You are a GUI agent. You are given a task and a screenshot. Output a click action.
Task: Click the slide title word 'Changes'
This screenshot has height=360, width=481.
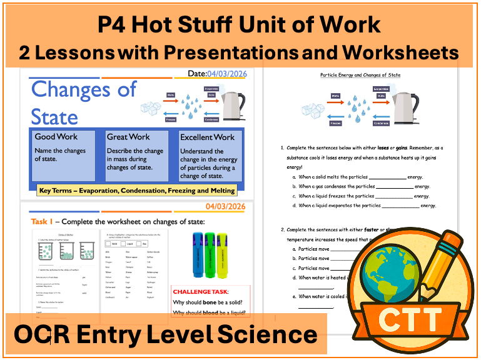tap(84, 89)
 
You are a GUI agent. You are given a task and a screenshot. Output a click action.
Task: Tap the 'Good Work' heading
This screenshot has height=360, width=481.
tap(56, 137)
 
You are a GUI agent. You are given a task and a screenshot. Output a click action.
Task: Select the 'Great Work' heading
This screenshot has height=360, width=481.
tap(128, 137)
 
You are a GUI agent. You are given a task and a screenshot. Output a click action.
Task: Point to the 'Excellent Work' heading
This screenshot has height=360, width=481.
tap(207, 137)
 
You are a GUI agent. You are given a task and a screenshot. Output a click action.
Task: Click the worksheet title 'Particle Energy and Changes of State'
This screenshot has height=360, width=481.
tap(360, 75)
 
